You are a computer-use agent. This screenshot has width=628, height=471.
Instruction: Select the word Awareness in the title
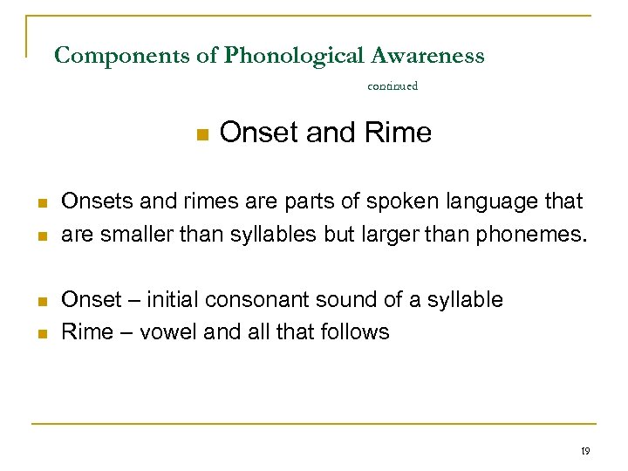click(427, 57)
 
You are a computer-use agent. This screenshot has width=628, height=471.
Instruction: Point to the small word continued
click(392, 85)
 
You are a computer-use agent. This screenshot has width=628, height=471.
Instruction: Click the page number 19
click(584, 451)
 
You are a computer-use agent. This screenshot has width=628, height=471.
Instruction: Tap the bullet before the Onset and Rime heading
click(201, 134)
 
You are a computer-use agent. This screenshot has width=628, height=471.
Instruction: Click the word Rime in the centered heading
click(399, 133)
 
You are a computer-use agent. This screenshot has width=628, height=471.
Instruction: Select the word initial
click(172, 300)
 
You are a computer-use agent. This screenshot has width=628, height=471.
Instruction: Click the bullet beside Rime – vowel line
click(41, 332)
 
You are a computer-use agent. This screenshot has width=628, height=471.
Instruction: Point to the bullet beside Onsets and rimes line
click(41, 202)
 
